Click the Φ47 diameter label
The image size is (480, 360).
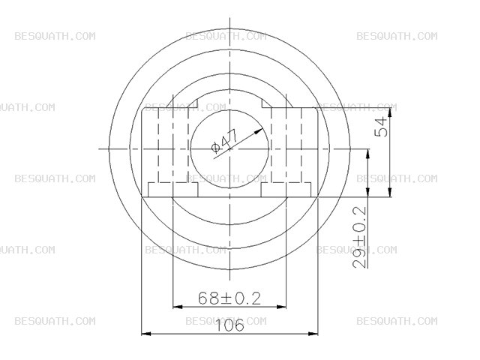pyautogui.click(x=225, y=141)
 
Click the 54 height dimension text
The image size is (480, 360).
pyautogui.click(x=381, y=127)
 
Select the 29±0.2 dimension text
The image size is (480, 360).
pyautogui.click(x=360, y=237)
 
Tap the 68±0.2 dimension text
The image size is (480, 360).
pyautogui.click(x=229, y=298)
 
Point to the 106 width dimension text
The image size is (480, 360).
pyautogui.click(x=230, y=325)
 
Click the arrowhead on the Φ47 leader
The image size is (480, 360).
pyautogui.click(x=258, y=131)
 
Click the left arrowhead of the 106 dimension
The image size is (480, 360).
pyautogui.click(x=146, y=333)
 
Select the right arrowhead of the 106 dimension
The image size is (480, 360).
pyautogui.click(x=313, y=333)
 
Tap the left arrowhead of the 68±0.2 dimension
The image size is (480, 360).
pyautogui.click(x=178, y=307)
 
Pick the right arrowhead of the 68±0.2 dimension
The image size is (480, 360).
pyautogui.click(x=281, y=307)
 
